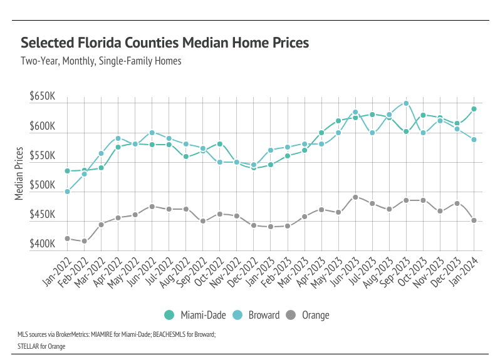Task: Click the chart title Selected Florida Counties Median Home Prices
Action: (x=165, y=43)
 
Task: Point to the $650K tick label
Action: (x=43, y=98)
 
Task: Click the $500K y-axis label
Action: (x=43, y=186)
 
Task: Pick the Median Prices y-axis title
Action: (x=19, y=174)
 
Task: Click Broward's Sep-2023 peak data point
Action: (x=406, y=103)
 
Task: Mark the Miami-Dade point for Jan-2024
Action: (x=474, y=109)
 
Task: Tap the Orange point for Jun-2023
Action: (x=355, y=197)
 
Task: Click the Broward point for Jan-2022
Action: (x=67, y=192)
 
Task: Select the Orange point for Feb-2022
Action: (x=84, y=241)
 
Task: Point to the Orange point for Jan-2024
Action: (x=474, y=220)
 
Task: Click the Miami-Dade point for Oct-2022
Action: (x=220, y=144)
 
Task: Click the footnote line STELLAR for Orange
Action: (x=42, y=346)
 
